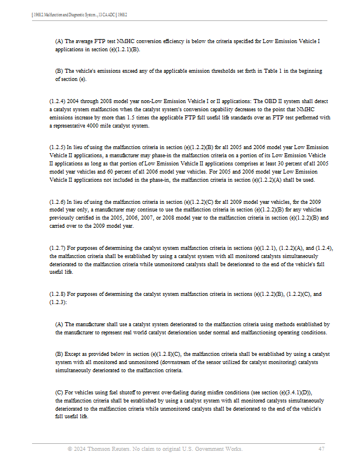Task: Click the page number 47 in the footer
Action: click(x=322, y=449)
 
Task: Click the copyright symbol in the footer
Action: click(x=70, y=449)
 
